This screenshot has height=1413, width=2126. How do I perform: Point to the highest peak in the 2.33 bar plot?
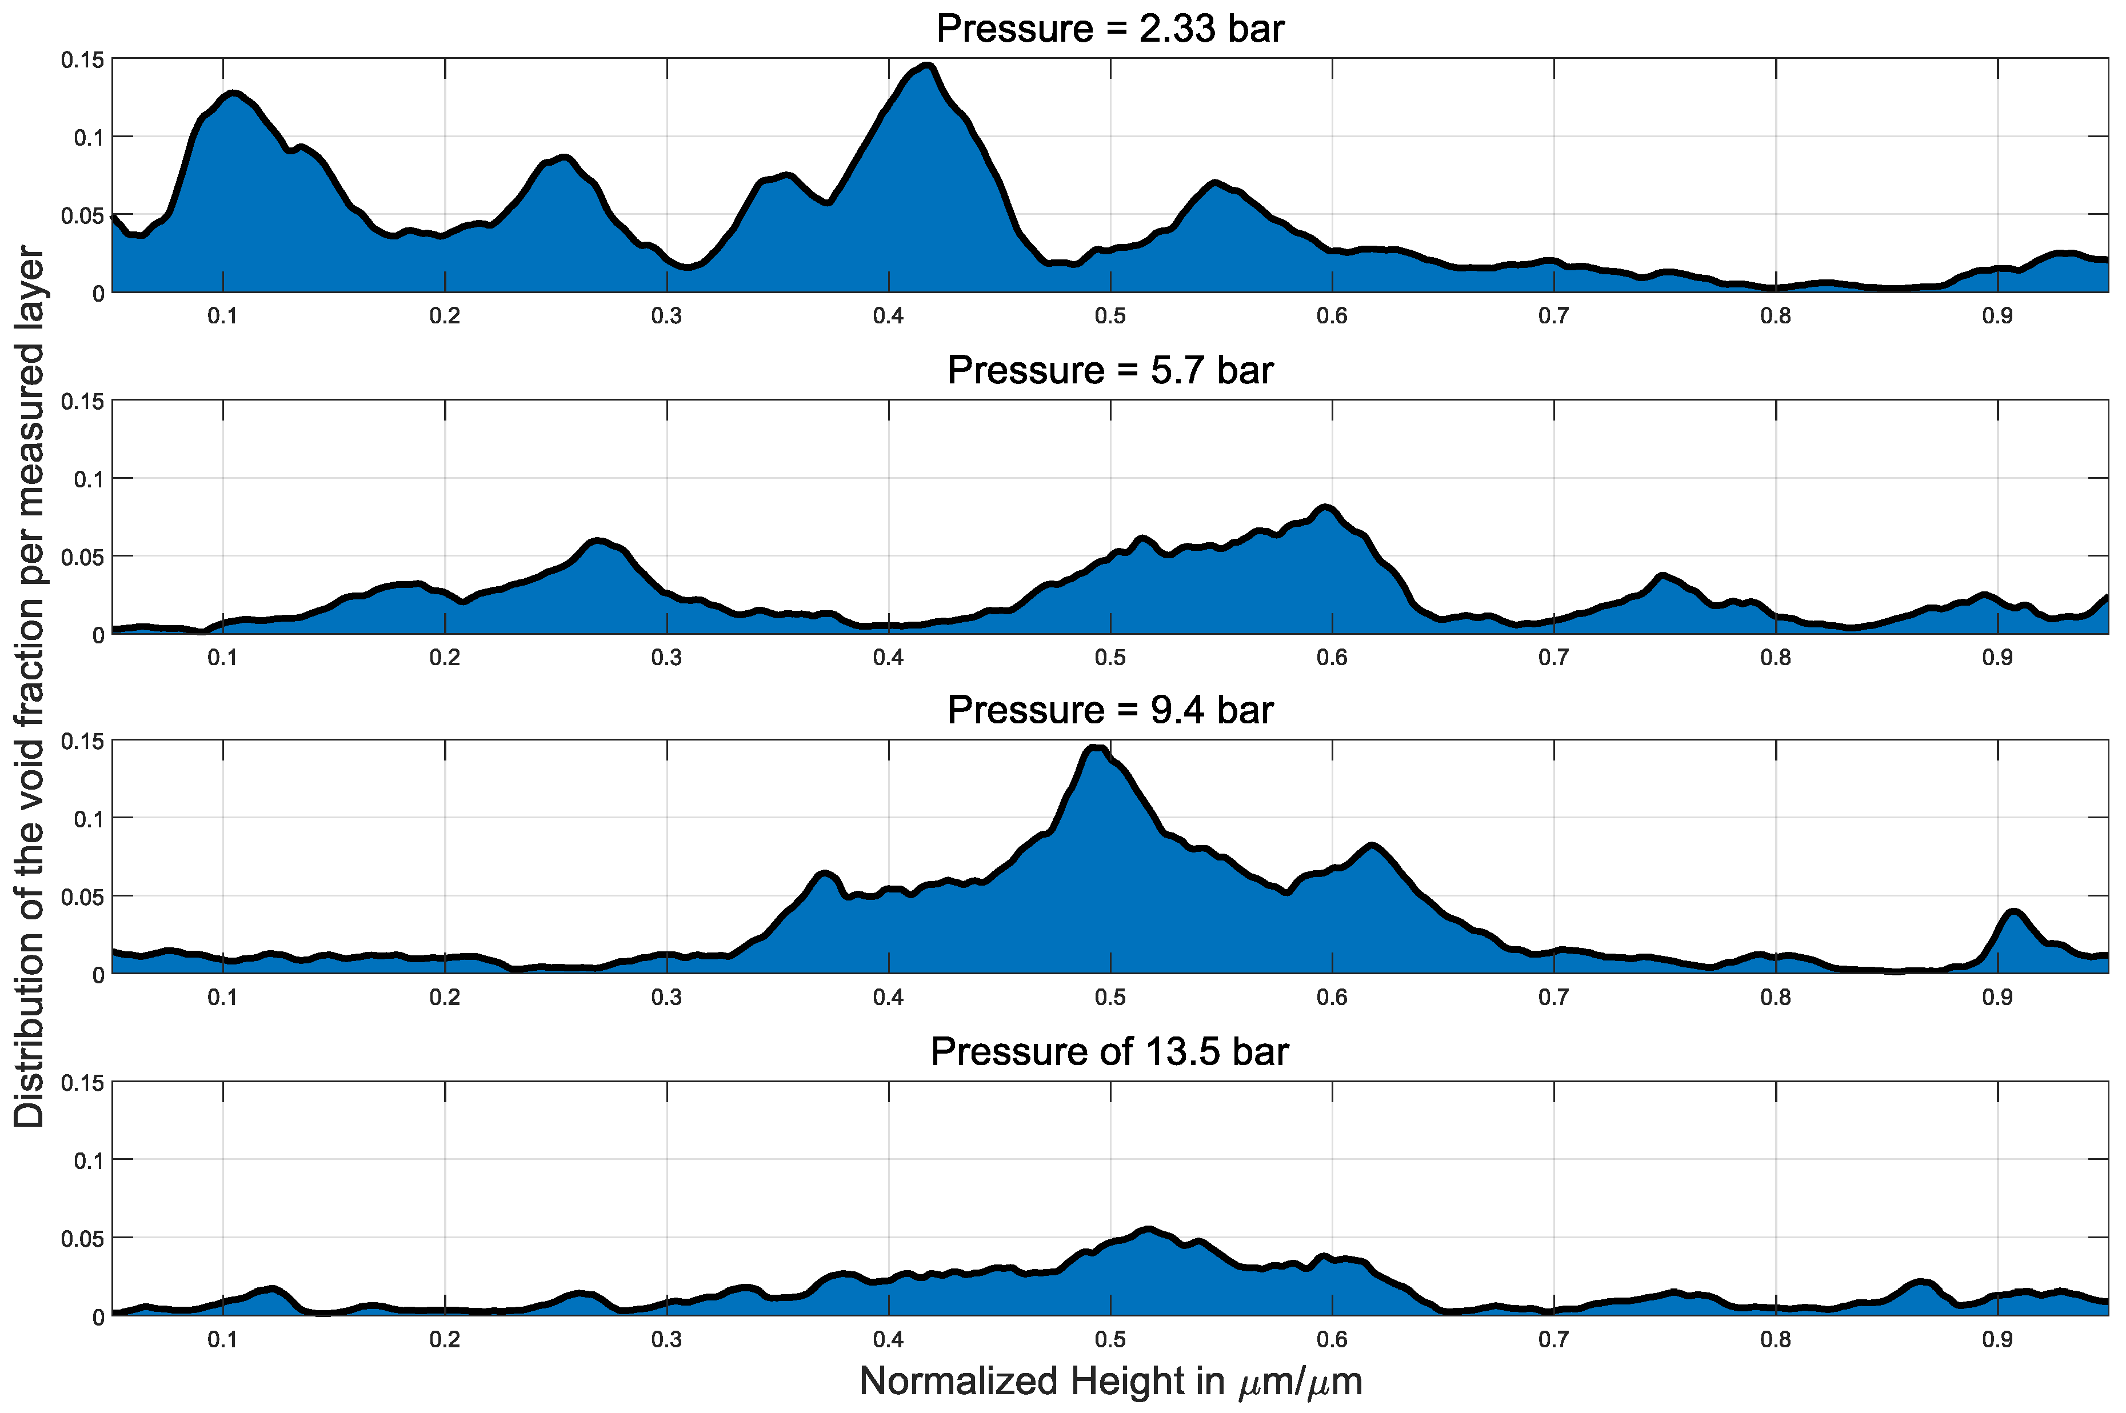(928, 67)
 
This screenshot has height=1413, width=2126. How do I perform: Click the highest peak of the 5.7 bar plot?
(1326, 509)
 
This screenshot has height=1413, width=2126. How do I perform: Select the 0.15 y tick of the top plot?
(82, 61)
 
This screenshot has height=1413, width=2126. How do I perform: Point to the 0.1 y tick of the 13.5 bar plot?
(89, 1160)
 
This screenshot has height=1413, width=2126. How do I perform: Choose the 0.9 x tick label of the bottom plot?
(1997, 1340)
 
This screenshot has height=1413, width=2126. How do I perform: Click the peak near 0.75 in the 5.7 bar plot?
(1662, 576)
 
